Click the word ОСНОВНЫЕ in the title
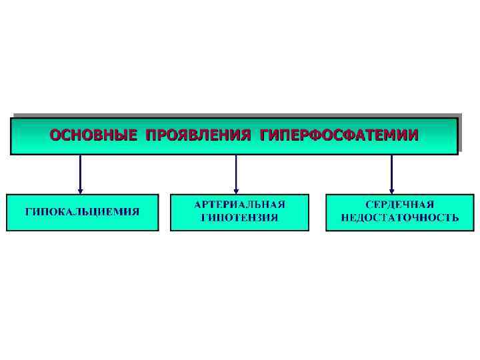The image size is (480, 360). [x=93, y=135]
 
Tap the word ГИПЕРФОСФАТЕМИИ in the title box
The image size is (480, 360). [x=340, y=135]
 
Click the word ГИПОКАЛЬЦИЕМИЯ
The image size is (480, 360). [x=83, y=212]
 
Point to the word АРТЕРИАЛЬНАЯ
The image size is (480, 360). [x=239, y=204]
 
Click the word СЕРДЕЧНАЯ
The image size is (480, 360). [x=400, y=204]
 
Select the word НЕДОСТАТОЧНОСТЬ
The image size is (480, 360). [x=400, y=218]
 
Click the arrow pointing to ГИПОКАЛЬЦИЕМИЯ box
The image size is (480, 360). [x=81, y=173]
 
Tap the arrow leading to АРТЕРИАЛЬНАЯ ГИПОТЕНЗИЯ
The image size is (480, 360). [x=236, y=173]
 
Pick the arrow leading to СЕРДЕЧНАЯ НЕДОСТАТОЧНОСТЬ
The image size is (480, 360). [x=391, y=173]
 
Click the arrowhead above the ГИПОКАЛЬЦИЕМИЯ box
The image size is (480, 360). [x=81, y=190]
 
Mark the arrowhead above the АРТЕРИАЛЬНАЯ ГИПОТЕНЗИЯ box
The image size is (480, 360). [x=236, y=190]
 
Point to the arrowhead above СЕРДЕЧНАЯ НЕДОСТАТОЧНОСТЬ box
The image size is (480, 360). [x=391, y=190]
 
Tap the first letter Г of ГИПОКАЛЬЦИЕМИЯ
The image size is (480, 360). [x=29, y=212]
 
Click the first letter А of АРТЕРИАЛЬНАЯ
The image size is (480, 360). [x=199, y=204]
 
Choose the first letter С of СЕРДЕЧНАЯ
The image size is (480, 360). [x=369, y=204]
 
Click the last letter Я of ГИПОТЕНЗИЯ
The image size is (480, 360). [x=274, y=218]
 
